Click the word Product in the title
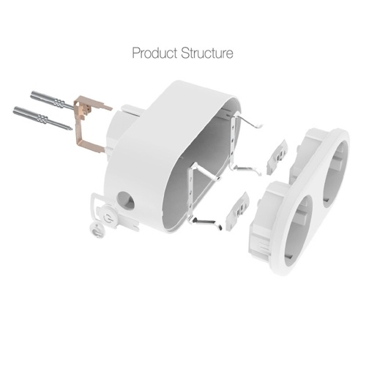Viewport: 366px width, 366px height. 154,53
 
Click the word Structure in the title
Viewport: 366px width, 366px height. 207,53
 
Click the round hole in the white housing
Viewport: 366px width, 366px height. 126,201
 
